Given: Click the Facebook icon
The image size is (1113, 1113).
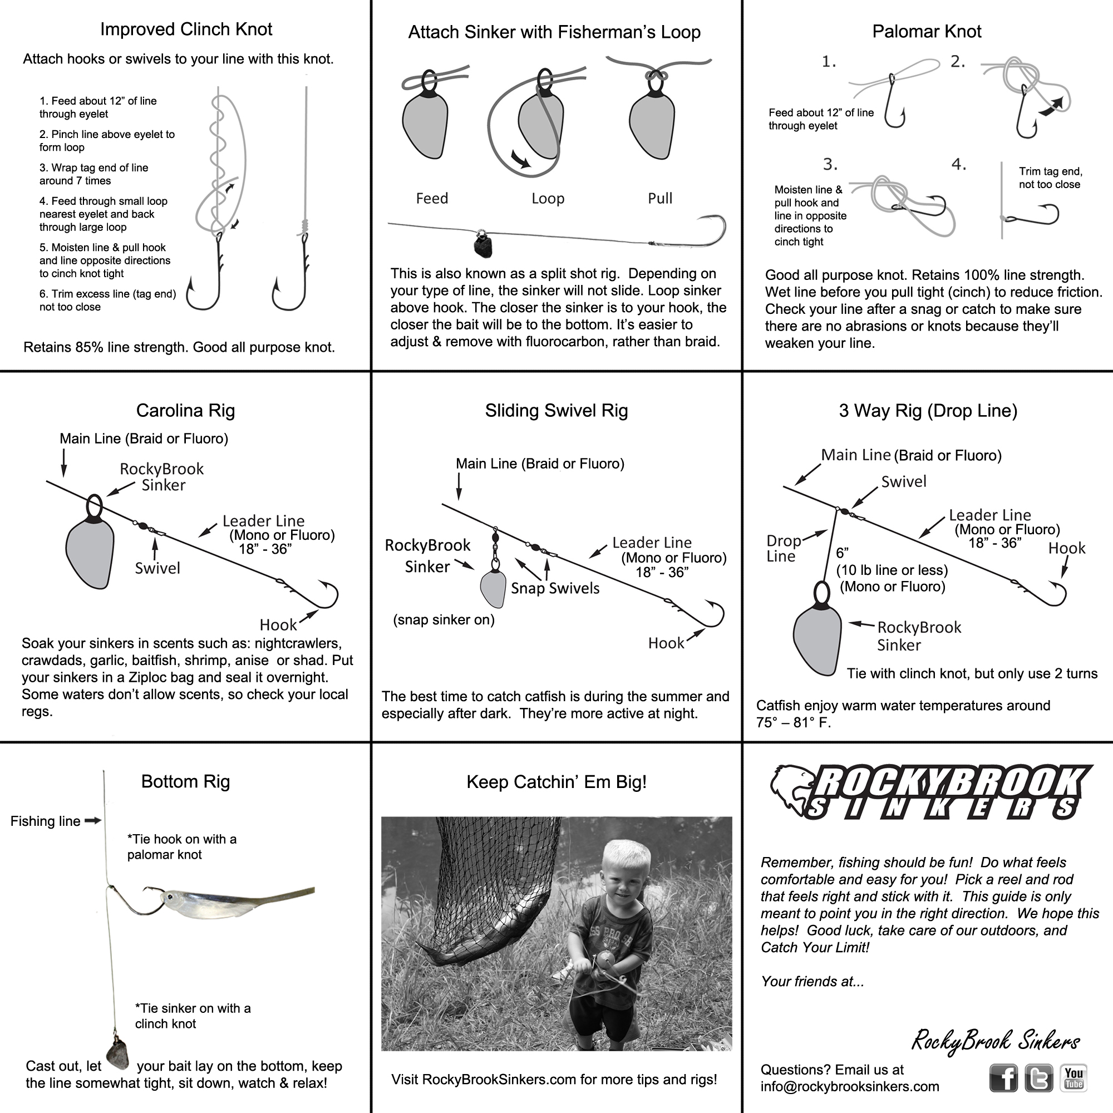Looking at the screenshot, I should [1003, 1078].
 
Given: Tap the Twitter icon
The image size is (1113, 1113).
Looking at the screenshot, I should [1038, 1078].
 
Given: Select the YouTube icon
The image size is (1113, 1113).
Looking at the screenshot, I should [1073, 1078].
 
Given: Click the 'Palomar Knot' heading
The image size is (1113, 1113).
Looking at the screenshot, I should [927, 31].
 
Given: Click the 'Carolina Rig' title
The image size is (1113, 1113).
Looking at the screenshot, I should [185, 410].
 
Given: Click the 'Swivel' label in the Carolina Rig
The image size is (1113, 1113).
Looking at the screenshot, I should [157, 568].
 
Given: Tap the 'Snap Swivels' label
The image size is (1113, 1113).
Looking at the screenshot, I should [555, 588].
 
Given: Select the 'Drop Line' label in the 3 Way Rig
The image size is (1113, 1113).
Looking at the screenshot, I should [783, 549].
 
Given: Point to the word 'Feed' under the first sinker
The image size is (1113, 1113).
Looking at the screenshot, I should [431, 198].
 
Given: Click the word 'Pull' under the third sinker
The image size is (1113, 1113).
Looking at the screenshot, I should [659, 198].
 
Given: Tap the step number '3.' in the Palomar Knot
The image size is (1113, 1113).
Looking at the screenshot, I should [830, 165].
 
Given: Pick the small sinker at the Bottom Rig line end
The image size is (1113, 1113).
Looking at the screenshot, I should [117, 1054].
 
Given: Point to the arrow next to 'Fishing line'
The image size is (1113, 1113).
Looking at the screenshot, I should [93, 820].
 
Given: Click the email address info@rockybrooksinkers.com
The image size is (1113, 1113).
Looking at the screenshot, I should [850, 1086].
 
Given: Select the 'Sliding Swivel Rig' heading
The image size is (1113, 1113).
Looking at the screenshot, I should [556, 410].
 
